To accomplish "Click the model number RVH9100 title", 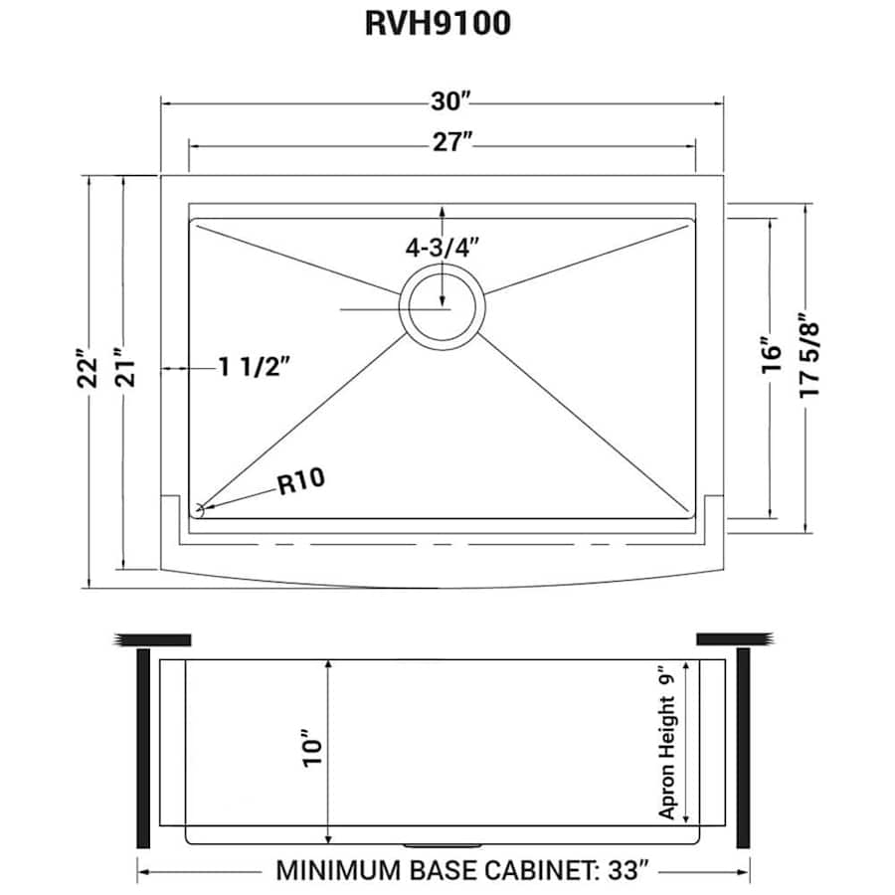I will tap(439, 23).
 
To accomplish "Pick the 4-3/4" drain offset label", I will tap(443, 248).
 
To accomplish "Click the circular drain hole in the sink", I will tap(443, 307).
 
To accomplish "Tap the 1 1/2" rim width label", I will tap(254, 368).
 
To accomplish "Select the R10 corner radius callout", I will tap(300, 482).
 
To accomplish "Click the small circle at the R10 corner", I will tap(198, 510).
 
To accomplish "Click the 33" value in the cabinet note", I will tap(632, 871).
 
